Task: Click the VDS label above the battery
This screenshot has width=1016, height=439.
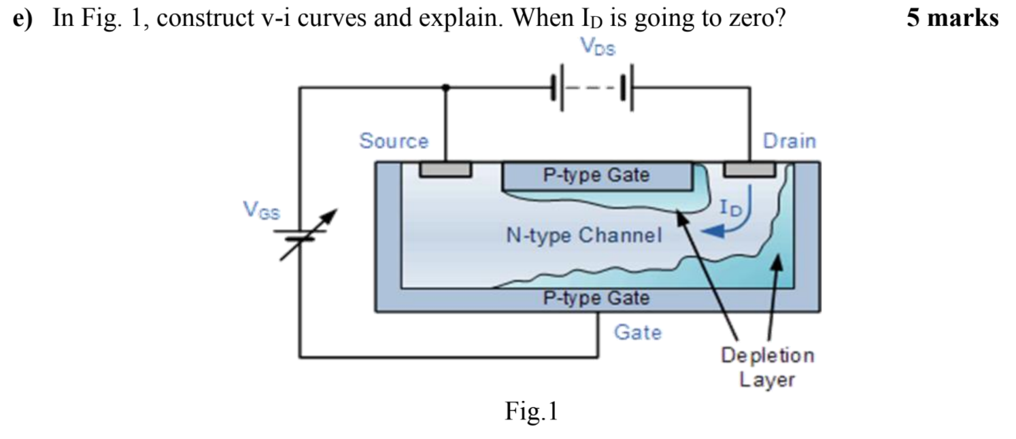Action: pos(598,48)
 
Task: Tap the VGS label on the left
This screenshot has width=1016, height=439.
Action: pos(261,211)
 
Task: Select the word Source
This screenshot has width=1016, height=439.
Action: pos(394,141)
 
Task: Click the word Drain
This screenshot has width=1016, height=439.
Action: pos(789,141)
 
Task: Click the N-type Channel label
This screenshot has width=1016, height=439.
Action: pos(583,236)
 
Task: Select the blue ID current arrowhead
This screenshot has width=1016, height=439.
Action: pos(712,232)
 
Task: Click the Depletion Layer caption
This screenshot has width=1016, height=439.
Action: pos(767,367)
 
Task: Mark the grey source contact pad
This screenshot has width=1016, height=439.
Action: pos(445,169)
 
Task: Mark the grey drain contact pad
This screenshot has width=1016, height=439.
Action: pos(749,169)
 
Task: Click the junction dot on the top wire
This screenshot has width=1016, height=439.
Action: pos(445,88)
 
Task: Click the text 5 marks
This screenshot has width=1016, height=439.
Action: pos(952,18)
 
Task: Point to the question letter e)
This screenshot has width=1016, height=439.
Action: pos(23,18)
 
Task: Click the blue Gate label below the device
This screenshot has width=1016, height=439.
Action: pos(637,332)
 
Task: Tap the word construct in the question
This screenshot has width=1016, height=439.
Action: pos(204,18)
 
